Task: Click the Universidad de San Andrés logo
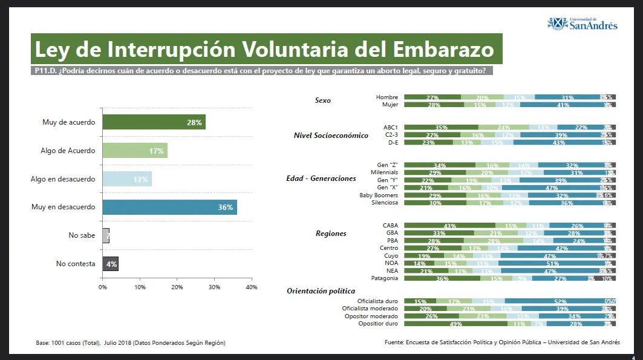pyautogui.click(x=582, y=24)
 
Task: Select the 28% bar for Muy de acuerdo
pyautogui.click(x=154, y=122)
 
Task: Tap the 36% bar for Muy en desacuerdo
pyautogui.click(x=169, y=208)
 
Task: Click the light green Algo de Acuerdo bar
pyautogui.click(x=134, y=151)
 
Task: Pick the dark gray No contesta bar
pyautogui.click(x=110, y=264)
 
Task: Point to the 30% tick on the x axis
pyautogui.click(x=214, y=287)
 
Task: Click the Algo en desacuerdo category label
pyautogui.click(x=63, y=179)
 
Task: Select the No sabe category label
pyautogui.click(x=82, y=235)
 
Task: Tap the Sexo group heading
pyautogui.click(x=323, y=100)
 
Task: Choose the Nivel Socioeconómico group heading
pyautogui.click(x=331, y=136)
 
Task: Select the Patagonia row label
pyautogui.click(x=384, y=278)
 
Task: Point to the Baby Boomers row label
pyautogui.click(x=379, y=195)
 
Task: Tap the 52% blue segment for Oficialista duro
pyautogui.click(x=560, y=301)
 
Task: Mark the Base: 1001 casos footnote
pyautogui.click(x=131, y=343)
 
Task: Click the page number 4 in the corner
pyautogui.click(x=633, y=356)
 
